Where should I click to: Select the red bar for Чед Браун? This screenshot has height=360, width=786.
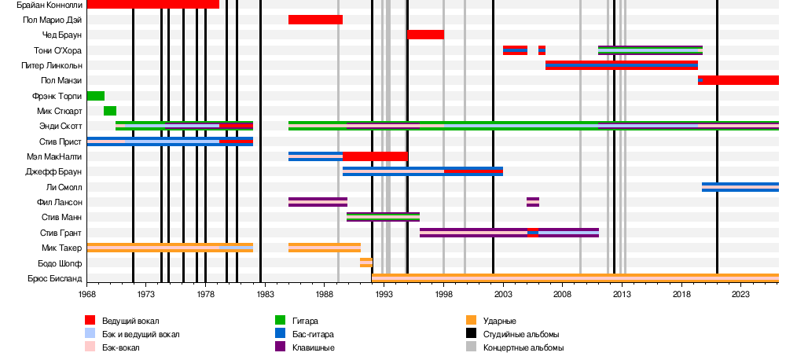click(x=425, y=35)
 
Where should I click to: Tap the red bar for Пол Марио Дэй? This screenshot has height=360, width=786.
click(x=315, y=20)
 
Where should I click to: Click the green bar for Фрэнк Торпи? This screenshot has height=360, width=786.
click(x=95, y=96)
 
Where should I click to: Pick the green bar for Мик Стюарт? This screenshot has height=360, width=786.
click(x=110, y=111)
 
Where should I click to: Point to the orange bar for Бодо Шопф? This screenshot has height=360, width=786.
click(x=365, y=263)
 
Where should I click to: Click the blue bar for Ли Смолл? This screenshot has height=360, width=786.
click(x=740, y=187)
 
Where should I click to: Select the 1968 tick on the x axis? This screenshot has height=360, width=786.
click(x=87, y=294)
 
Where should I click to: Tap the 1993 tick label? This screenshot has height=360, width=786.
click(x=384, y=294)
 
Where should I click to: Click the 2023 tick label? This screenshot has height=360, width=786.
click(x=740, y=294)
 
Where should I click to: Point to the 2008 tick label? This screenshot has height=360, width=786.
click(x=562, y=294)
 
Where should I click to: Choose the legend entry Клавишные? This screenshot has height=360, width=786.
click(x=314, y=347)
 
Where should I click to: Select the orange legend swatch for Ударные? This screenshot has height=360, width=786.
click(x=472, y=321)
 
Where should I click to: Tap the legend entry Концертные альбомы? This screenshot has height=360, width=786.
click(x=523, y=347)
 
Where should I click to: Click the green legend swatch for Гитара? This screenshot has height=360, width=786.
click(x=280, y=321)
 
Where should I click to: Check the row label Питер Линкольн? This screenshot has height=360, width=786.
click(x=54, y=65)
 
